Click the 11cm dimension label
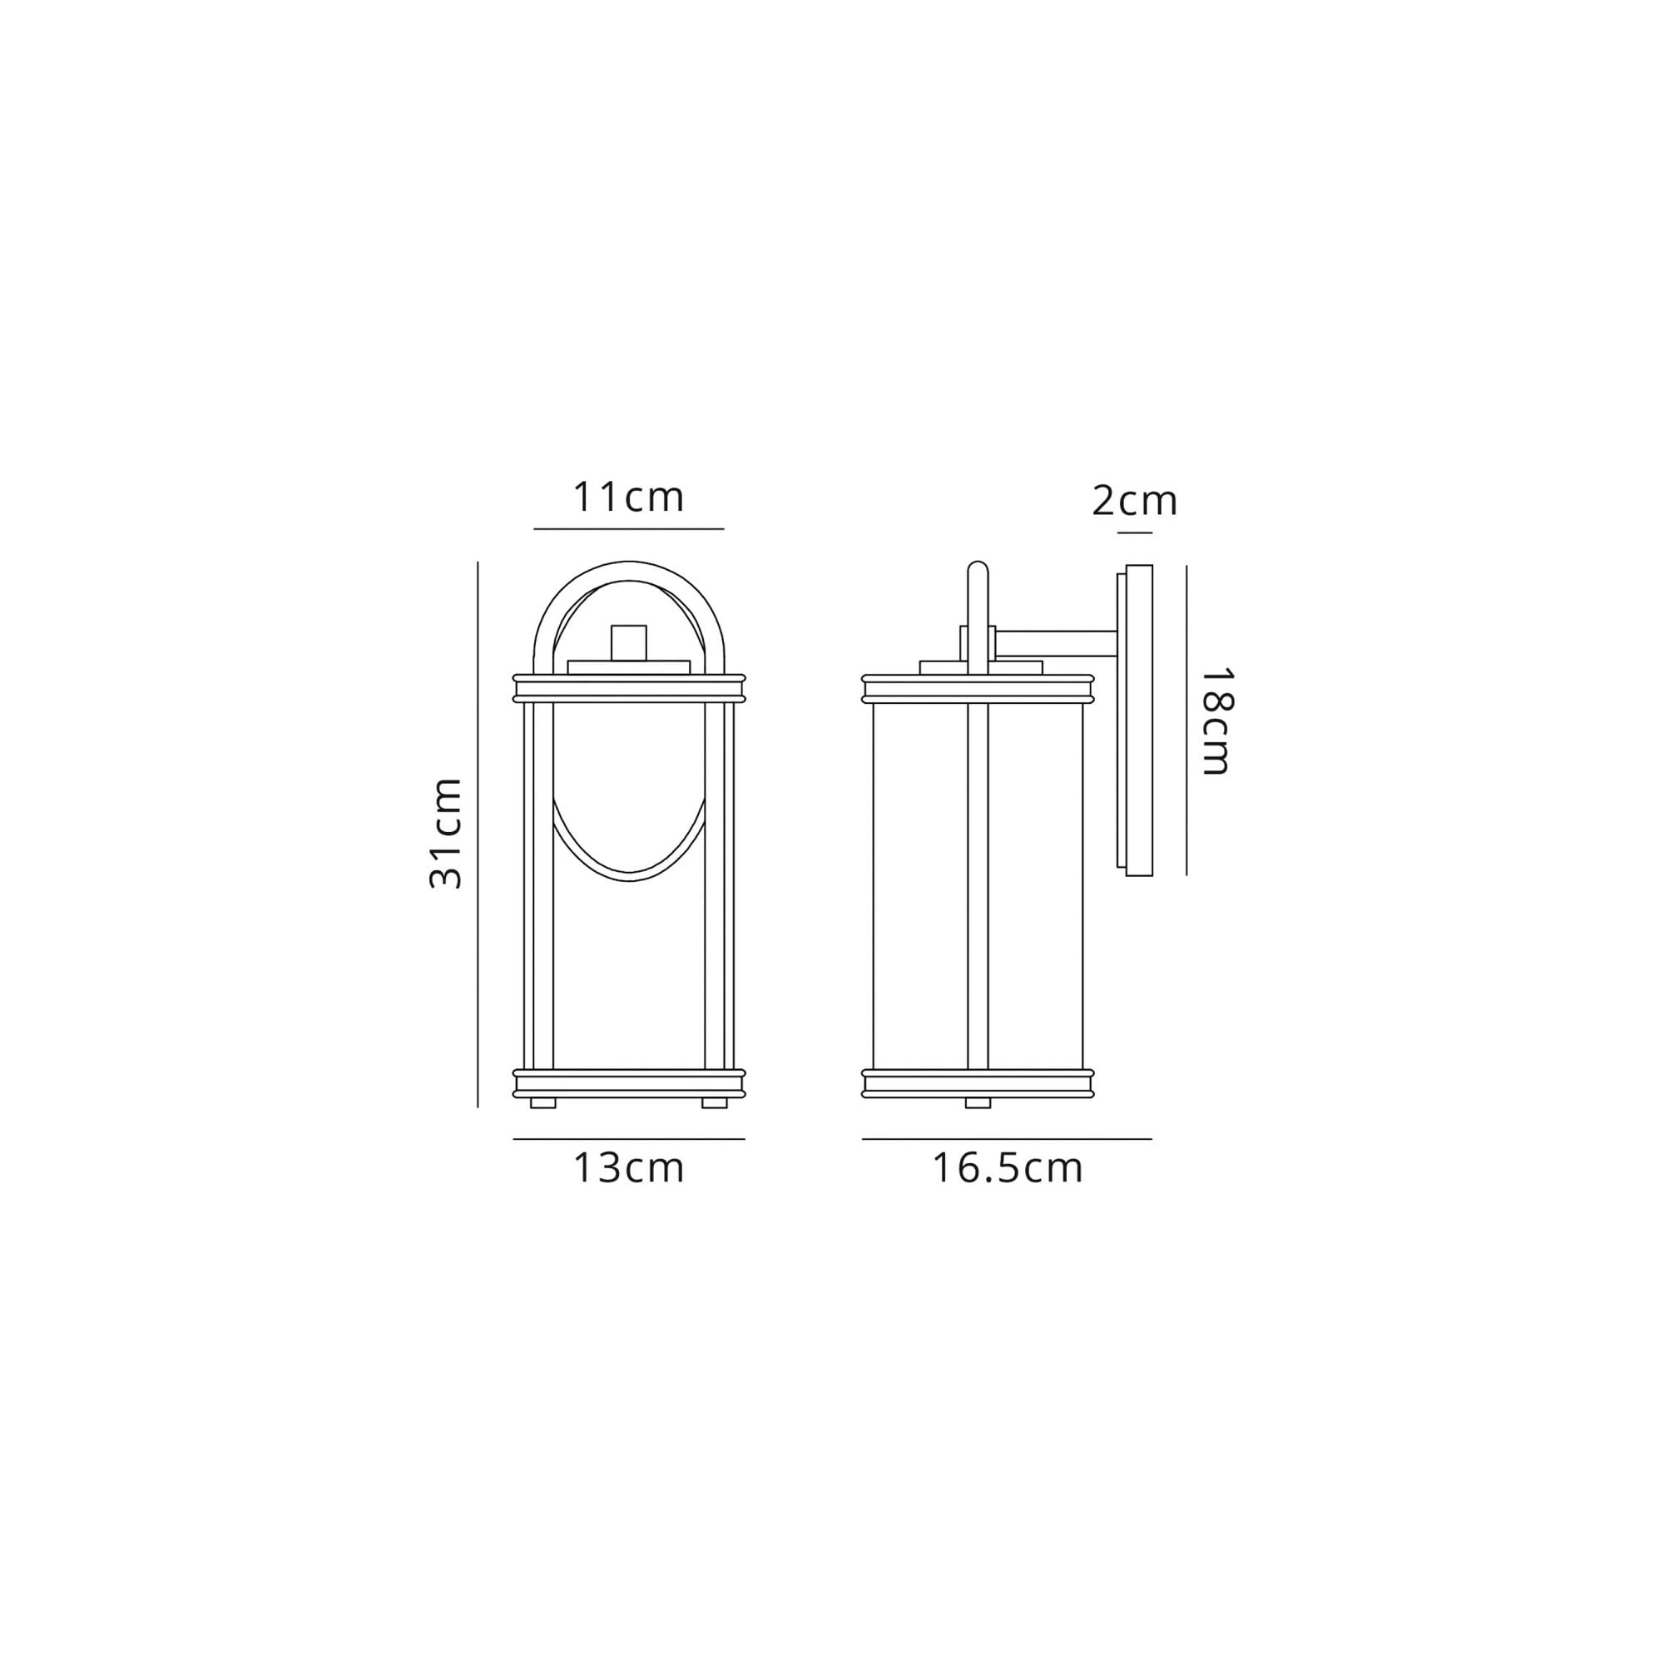pyautogui.click(x=628, y=498)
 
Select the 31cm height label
pyautogui.click(x=446, y=832)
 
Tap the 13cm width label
pyautogui.click(x=628, y=1169)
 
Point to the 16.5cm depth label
pyautogui.click(x=1007, y=1169)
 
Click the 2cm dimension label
pyautogui.click(x=1133, y=501)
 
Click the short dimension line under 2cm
pyautogui.click(x=1134, y=533)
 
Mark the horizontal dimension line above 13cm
pyautogui.click(x=628, y=1140)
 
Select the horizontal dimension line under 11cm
pyautogui.click(x=628, y=529)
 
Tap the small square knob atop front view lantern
pyautogui.click(x=629, y=641)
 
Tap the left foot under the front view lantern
pyautogui.click(x=542, y=1103)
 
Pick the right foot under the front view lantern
pyautogui.click(x=714, y=1103)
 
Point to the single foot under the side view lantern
pyautogui.click(x=978, y=1103)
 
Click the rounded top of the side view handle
pyautogui.click(x=978, y=570)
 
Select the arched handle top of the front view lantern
pyautogui.click(x=629, y=568)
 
